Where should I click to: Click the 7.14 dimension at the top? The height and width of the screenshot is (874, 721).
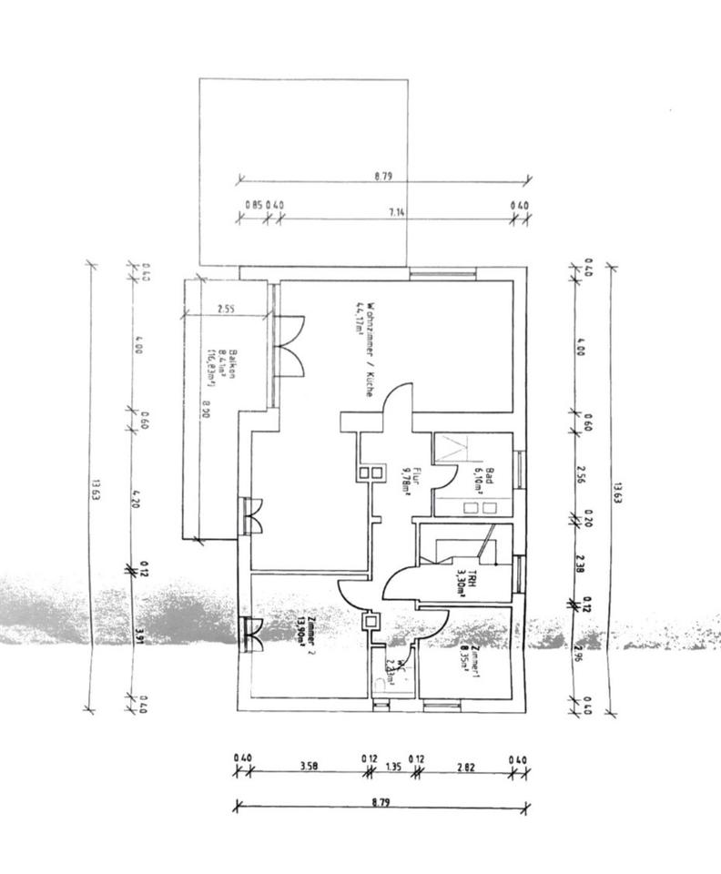[x=397, y=211]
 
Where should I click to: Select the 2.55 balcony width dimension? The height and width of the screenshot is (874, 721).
[x=227, y=309]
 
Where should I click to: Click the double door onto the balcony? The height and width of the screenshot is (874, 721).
[x=292, y=346]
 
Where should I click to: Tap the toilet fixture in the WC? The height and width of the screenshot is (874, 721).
[x=381, y=685]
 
